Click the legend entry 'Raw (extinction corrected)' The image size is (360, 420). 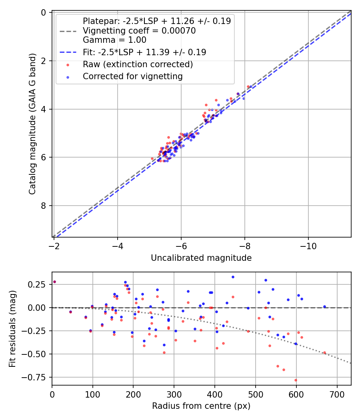pos(138,64)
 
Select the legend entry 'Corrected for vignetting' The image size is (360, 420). pos(132,76)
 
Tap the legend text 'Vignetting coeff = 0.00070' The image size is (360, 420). pos(139,31)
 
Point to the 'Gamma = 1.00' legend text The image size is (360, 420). pos(114,40)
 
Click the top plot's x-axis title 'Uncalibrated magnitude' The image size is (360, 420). pos(201,258)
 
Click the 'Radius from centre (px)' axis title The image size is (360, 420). pos(201,406)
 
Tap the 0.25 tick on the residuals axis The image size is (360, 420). pos(41,284)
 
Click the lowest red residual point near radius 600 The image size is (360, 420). pos(296,380)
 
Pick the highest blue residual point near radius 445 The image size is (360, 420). pos(233,277)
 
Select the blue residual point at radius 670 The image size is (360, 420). pos(324,307)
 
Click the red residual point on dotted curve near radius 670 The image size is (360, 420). pos(324,353)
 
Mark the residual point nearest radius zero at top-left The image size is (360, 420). pos(54,282)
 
